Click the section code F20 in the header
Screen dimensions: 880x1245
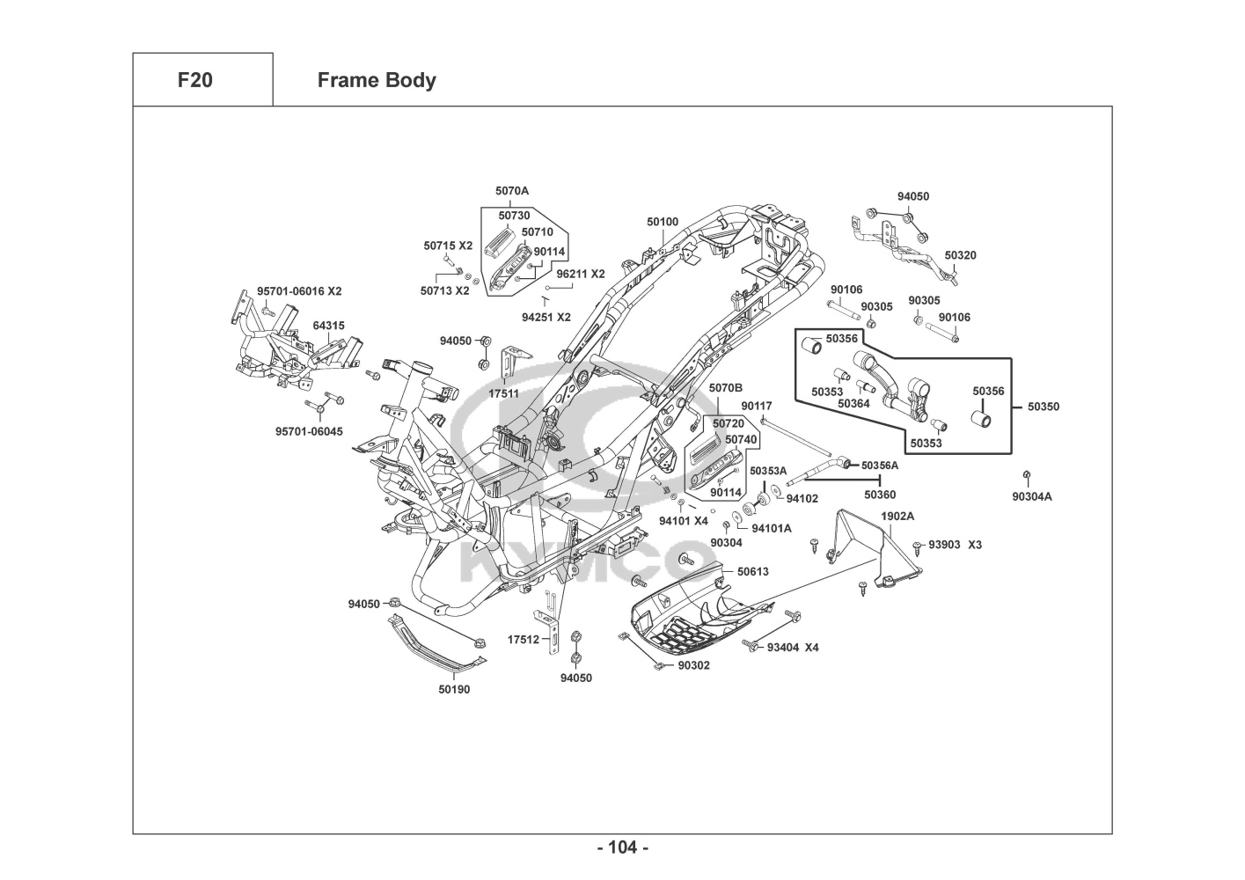(194, 80)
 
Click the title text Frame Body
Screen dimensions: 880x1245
(377, 80)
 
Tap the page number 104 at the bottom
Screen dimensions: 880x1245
(622, 847)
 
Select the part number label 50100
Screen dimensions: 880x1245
(663, 222)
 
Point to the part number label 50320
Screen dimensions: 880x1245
(960, 255)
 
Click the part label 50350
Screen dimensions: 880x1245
(1044, 407)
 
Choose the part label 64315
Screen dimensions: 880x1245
(328, 326)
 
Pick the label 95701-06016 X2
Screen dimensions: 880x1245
(299, 291)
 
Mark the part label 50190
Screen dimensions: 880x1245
(454, 689)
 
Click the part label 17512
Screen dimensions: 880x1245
(523, 640)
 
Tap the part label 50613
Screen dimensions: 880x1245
(752, 571)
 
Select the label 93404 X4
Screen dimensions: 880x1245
(793, 647)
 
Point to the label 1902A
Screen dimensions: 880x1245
(897, 516)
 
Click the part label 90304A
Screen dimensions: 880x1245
(1031, 496)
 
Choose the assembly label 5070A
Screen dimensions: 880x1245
(512, 190)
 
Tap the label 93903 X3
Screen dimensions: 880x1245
(955, 545)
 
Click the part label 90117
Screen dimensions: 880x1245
(756, 406)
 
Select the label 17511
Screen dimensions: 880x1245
(503, 393)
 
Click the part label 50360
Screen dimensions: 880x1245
(879, 495)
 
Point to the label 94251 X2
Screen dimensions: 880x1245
(546, 317)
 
